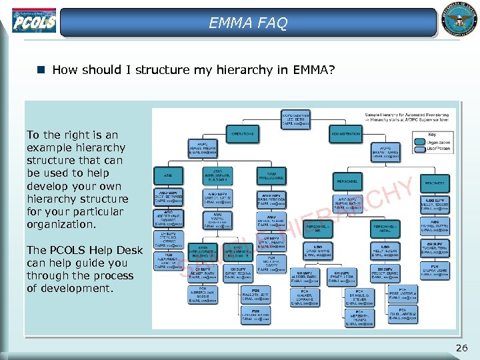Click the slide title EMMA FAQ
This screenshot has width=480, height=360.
(248, 23)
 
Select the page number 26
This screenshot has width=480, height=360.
(462, 347)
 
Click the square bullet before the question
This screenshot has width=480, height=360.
(41, 69)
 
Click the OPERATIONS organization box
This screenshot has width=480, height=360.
(243, 133)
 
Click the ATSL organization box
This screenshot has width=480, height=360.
(167, 175)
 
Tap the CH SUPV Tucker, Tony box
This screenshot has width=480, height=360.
(435, 248)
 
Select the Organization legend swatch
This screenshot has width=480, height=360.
(425, 143)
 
